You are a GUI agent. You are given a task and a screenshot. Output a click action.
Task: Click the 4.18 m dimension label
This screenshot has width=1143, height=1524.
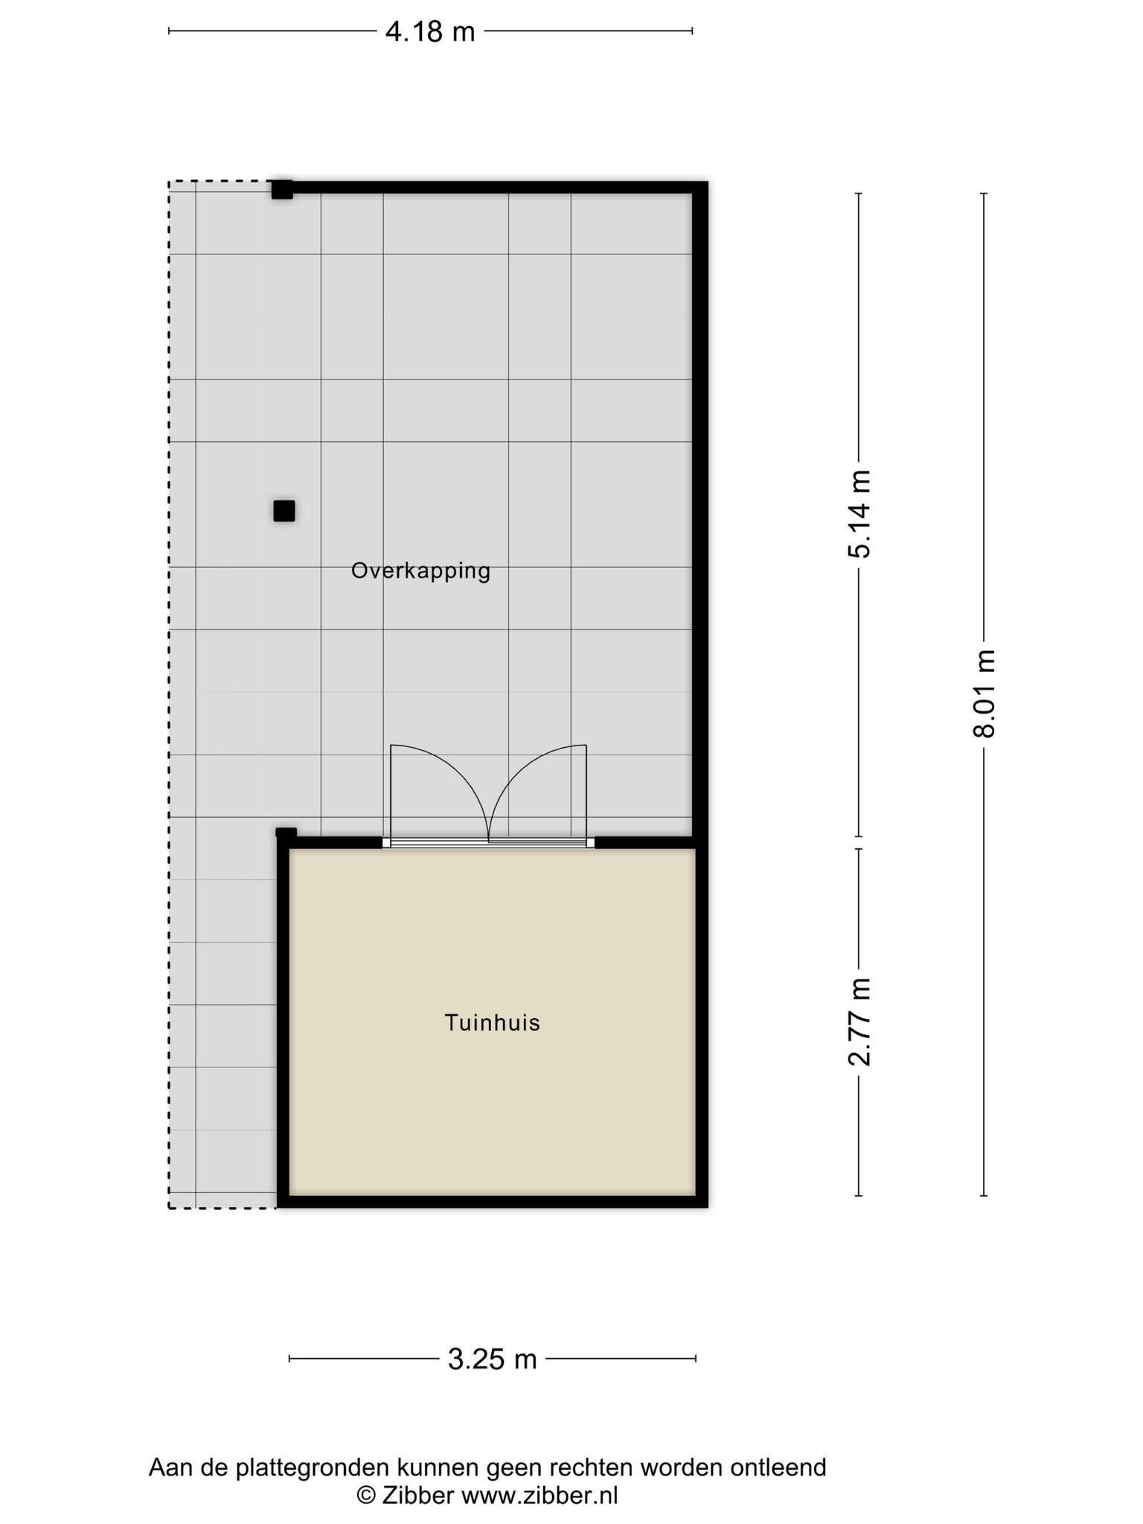point(430,32)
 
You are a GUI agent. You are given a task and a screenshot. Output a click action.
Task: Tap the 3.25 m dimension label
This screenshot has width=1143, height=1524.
point(492,1359)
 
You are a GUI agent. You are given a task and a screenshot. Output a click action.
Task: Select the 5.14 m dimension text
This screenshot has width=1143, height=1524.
point(859,514)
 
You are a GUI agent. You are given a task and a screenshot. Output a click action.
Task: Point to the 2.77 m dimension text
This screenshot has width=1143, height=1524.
point(859,1022)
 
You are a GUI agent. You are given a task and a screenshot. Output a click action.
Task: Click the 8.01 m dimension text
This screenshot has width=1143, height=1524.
point(984,694)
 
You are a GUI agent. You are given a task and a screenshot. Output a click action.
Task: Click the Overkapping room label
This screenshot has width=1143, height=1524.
point(420,571)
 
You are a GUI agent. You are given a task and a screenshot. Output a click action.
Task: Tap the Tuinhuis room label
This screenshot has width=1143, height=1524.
point(492,1022)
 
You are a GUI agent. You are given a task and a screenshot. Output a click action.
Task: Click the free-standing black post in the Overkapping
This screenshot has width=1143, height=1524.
point(284,511)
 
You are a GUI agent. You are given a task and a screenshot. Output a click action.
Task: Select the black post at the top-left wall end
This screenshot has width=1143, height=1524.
point(282,189)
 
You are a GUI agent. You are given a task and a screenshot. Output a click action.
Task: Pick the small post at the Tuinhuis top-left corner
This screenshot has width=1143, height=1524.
point(286,834)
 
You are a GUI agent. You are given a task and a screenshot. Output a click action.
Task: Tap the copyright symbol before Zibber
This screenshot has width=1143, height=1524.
point(366,1495)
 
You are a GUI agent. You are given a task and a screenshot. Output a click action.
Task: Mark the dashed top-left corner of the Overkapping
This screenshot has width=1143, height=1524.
point(170,182)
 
